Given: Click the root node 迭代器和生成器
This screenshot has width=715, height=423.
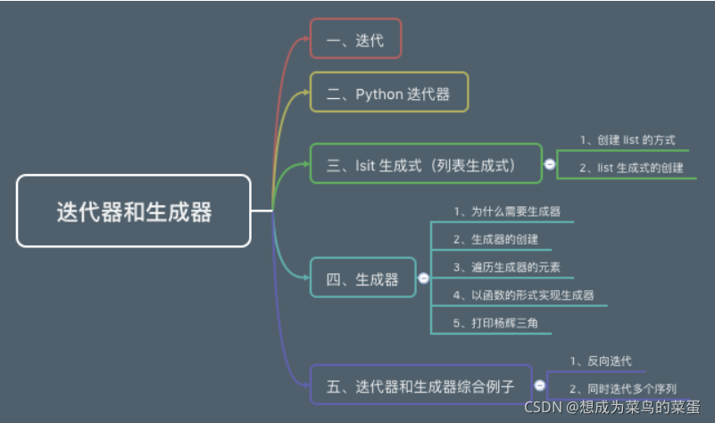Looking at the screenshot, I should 134,211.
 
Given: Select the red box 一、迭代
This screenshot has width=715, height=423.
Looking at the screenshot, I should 355,38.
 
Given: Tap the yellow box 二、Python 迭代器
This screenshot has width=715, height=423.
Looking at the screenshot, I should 389,93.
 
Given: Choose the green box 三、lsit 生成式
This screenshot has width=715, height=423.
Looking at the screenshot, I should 426,164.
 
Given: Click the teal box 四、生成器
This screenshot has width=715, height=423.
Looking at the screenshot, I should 362,278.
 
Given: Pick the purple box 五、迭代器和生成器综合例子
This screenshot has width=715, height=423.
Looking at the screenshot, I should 420,386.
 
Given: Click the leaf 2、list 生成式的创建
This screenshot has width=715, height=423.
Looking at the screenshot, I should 631,167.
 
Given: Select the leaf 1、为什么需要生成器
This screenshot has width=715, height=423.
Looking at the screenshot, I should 506,212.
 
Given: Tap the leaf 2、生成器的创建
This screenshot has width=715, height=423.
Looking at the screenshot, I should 495,239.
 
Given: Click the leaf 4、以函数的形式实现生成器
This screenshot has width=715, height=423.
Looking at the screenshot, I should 523,294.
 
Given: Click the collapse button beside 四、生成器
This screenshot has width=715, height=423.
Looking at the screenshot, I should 423,278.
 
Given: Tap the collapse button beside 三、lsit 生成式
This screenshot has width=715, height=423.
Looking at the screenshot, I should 550,164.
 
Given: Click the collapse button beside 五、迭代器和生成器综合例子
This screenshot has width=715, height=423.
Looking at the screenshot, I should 540,386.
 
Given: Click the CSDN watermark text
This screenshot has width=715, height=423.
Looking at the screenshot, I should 617,407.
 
